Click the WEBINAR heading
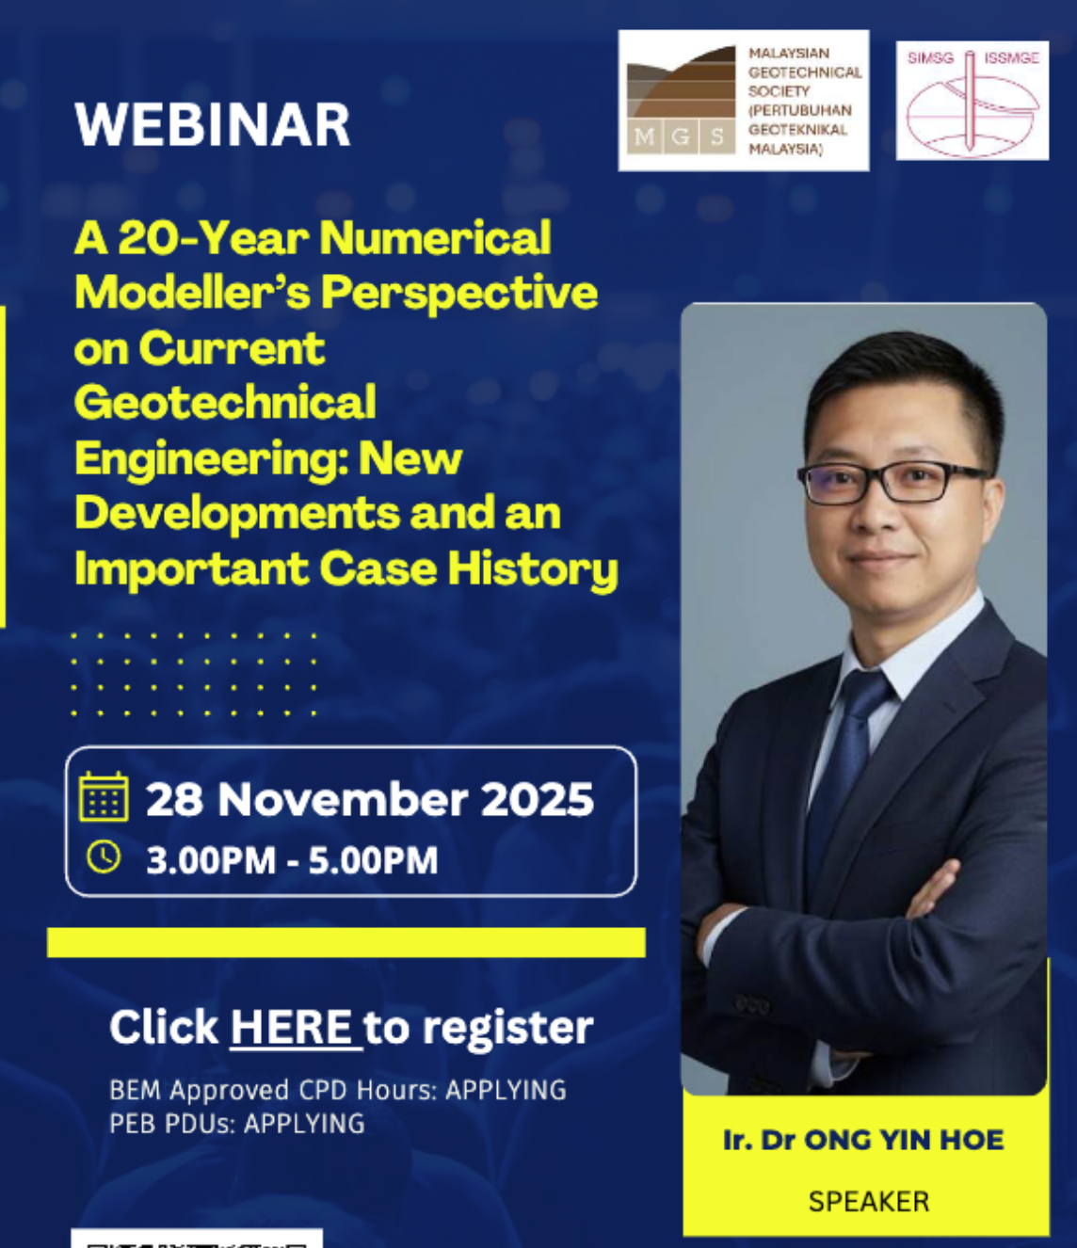pos(212,124)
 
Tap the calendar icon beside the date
pos(104,796)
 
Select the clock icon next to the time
pos(104,856)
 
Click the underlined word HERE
pos(292,1027)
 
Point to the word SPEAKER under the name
pos(869,1202)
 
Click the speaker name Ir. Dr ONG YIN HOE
pos(864,1141)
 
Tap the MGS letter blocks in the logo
pos(682,137)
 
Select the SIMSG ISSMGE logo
pos(972,100)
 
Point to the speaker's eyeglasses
pos(892,481)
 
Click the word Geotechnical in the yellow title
pos(225,402)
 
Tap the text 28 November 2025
pos(370,799)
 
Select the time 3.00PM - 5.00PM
pos(292,860)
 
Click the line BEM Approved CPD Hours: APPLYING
pos(338,1090)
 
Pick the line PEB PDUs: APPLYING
pos(237,1124)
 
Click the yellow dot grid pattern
pos(195,675)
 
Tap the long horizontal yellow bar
pos(346,942)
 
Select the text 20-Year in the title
pos(213,238)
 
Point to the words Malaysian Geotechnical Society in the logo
pos(805,72)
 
